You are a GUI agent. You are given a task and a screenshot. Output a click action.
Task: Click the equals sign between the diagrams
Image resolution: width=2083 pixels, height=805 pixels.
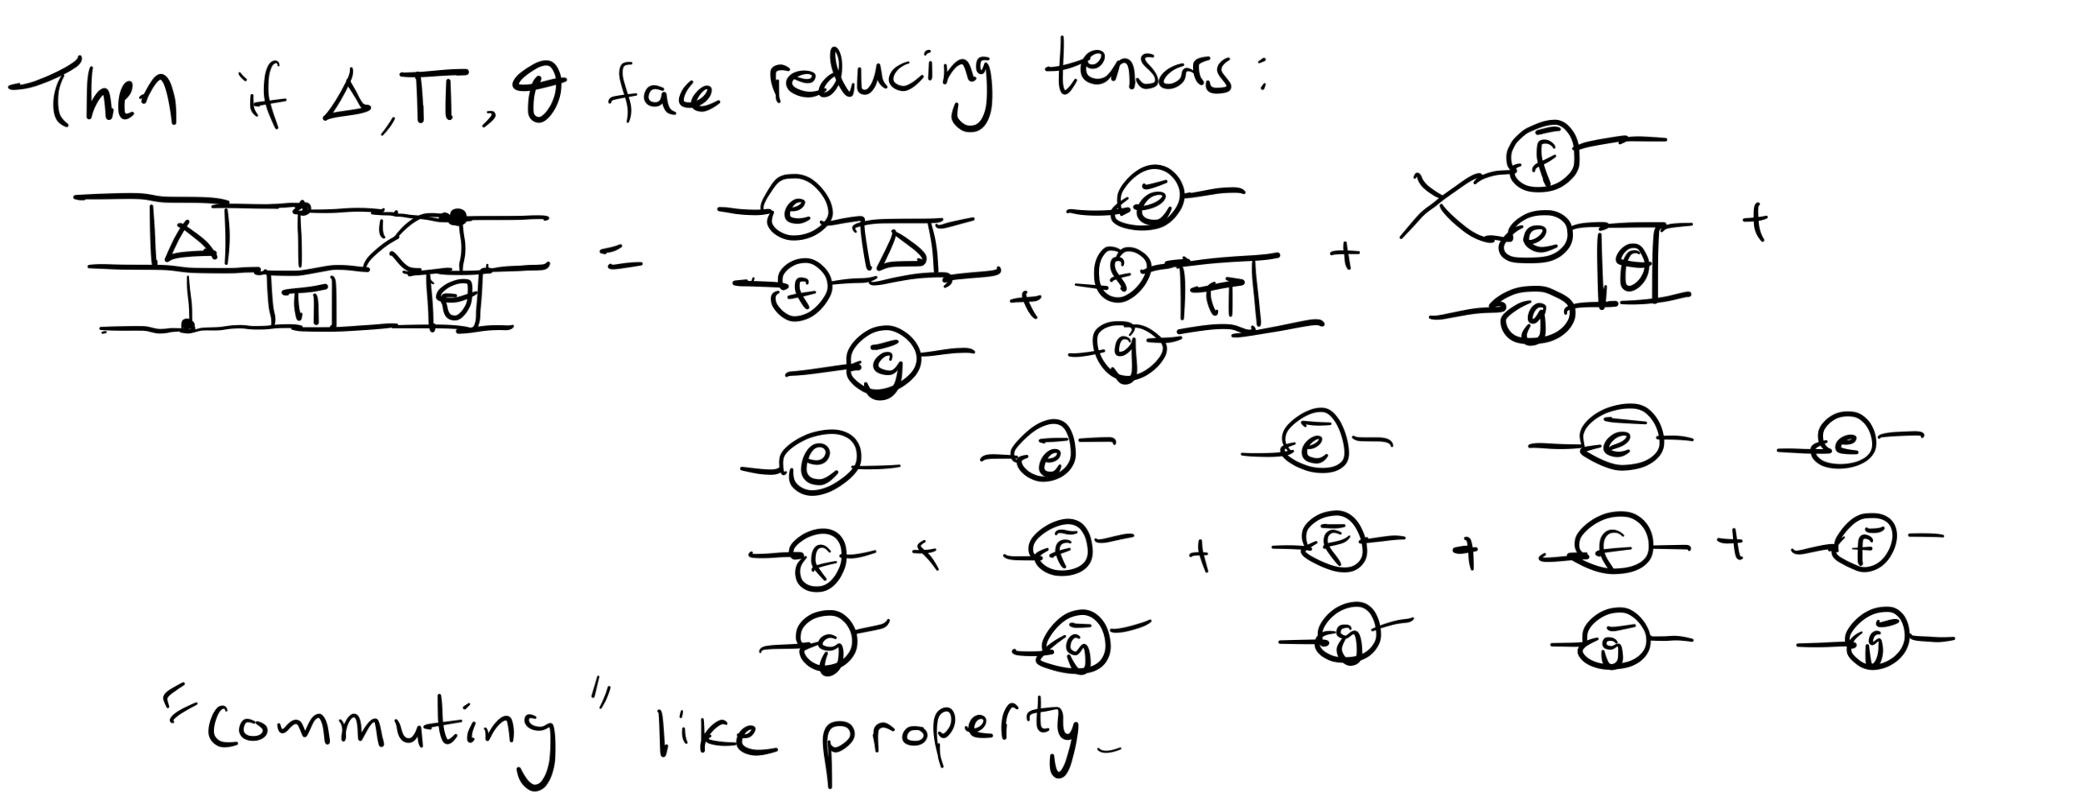pyautogui.click(x=624, y=264)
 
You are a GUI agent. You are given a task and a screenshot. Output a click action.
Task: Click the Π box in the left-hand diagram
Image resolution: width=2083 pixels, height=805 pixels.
pyautogui.click(x=302, y=301)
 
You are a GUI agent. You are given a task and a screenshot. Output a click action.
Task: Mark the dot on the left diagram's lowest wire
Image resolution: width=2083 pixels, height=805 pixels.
pyautogui.click(x=188, y=326)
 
